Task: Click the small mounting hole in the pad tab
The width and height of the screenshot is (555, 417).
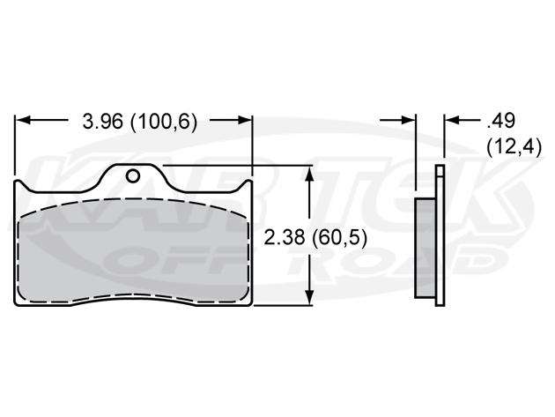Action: coord(133,175)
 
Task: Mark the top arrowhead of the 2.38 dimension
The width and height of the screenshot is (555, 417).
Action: coord(308,172)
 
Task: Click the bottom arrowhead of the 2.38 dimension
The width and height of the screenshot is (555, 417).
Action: coord(308,301)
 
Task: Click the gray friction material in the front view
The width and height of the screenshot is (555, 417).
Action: coord(132,256)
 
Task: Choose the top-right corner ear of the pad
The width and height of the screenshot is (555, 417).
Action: coord(248,186)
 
